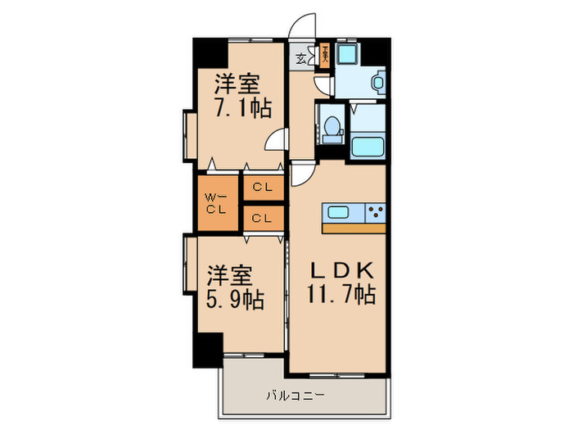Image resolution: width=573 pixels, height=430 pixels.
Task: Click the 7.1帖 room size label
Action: point(244,109)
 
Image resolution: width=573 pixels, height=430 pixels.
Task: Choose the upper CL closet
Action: point(263,187)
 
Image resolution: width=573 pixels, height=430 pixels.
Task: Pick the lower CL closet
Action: point(263,218)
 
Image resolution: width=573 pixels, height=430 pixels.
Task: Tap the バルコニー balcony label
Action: point(296,396)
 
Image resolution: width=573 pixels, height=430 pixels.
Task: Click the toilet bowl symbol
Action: point(332,127)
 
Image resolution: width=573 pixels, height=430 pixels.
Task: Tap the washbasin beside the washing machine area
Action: point(378,81)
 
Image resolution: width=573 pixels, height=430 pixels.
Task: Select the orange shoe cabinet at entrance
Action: point(325,57)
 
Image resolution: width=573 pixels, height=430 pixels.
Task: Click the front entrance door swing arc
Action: point(304,25)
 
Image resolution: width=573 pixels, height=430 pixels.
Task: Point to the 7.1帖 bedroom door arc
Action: point(276,140)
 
